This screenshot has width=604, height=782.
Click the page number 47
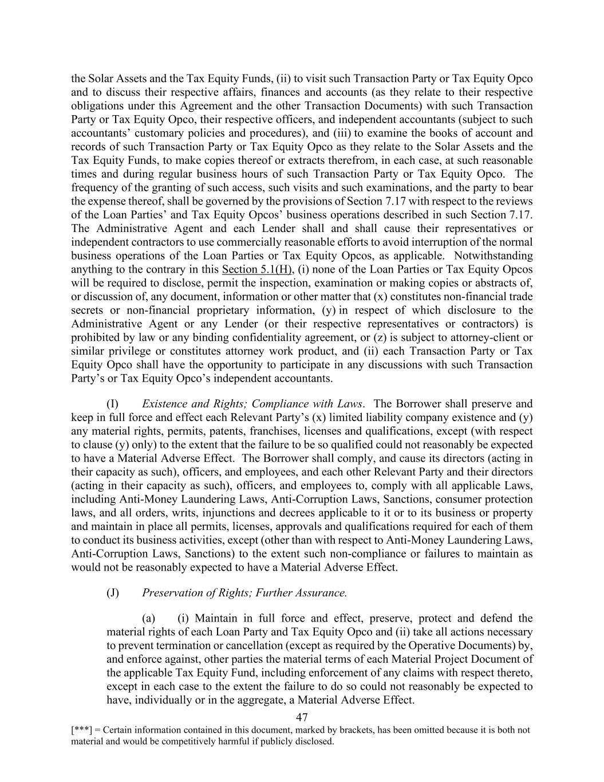point(302,717)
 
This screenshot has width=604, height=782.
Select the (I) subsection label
point(113,403)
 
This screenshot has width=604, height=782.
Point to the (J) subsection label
point(113,592)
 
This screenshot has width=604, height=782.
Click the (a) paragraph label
point(148,618)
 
